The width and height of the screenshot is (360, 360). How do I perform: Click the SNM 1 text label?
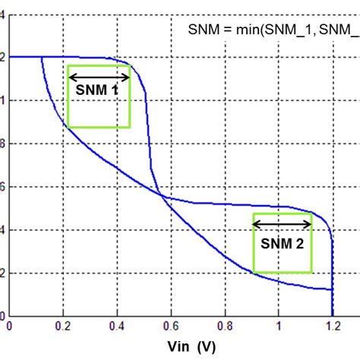point(96,89)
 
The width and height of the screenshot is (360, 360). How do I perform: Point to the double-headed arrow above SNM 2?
point(282,223)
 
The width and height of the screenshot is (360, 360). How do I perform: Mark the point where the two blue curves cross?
point(158,191)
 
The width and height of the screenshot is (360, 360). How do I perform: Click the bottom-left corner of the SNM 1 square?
point(68,127)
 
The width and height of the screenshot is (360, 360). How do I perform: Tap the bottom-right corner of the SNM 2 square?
point(311,272)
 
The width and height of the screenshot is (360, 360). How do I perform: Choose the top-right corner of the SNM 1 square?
point(130,66)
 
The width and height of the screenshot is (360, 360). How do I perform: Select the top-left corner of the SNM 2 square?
point(253,213)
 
